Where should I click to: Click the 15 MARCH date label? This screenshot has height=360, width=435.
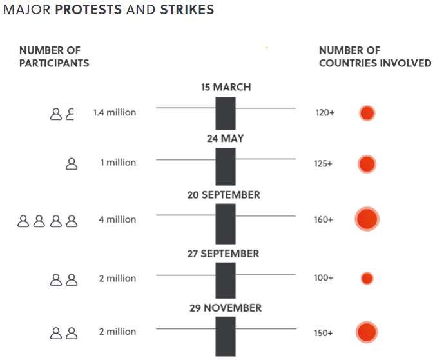click(x=226, y=87)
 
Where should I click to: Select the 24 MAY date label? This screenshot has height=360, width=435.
click(x=226, y=139)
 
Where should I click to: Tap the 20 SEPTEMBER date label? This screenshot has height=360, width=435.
click(x=224, y=195)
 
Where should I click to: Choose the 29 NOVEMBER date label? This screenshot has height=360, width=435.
click(x=226, y=308)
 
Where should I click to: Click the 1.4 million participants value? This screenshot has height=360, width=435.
click(x=115, y=112)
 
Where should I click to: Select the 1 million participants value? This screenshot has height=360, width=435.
click(x=118, y=163)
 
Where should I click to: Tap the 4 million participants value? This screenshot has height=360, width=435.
click(x=117, y=219)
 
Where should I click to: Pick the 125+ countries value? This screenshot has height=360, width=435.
click(x=324, y=164)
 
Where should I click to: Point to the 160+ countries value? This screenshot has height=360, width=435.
click(x=324, y=220)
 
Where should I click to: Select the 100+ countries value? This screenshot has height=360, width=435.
click(x=324, y=279)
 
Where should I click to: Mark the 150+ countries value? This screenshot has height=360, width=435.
click(x=324, y=332)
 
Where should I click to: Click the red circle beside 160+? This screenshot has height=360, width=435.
click(x=367, y=219)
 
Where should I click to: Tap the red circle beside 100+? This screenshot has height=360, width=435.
click(x=367, y=279)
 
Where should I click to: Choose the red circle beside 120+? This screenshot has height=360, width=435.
click(x=367, y=114)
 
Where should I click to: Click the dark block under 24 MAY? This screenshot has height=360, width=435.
click(x=226, y=166)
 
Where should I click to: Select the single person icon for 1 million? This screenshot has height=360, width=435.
click(x=72, y=164)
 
